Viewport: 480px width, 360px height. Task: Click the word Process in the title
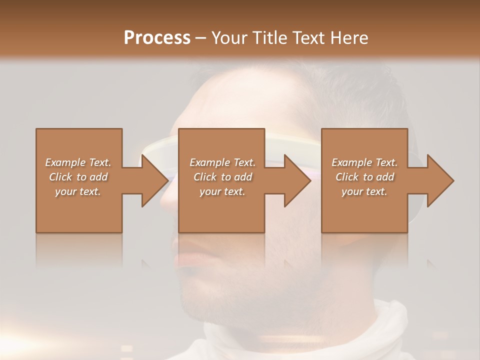(157, 38)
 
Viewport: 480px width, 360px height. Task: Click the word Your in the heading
(230, 38)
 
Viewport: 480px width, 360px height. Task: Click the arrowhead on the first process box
(153, 180)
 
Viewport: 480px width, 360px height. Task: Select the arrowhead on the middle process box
(296, 180)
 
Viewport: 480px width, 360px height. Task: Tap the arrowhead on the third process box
(439, 180)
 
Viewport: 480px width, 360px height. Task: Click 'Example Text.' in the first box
(78, 162)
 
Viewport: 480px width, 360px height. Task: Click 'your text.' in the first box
(78, 191)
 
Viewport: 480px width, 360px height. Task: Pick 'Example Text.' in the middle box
(222, 162)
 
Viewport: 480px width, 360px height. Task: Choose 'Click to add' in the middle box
(222, 177)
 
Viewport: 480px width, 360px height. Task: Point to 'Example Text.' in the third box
(364, 162)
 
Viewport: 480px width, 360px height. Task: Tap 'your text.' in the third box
(364, 191)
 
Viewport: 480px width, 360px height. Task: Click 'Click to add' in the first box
(78, 177)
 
